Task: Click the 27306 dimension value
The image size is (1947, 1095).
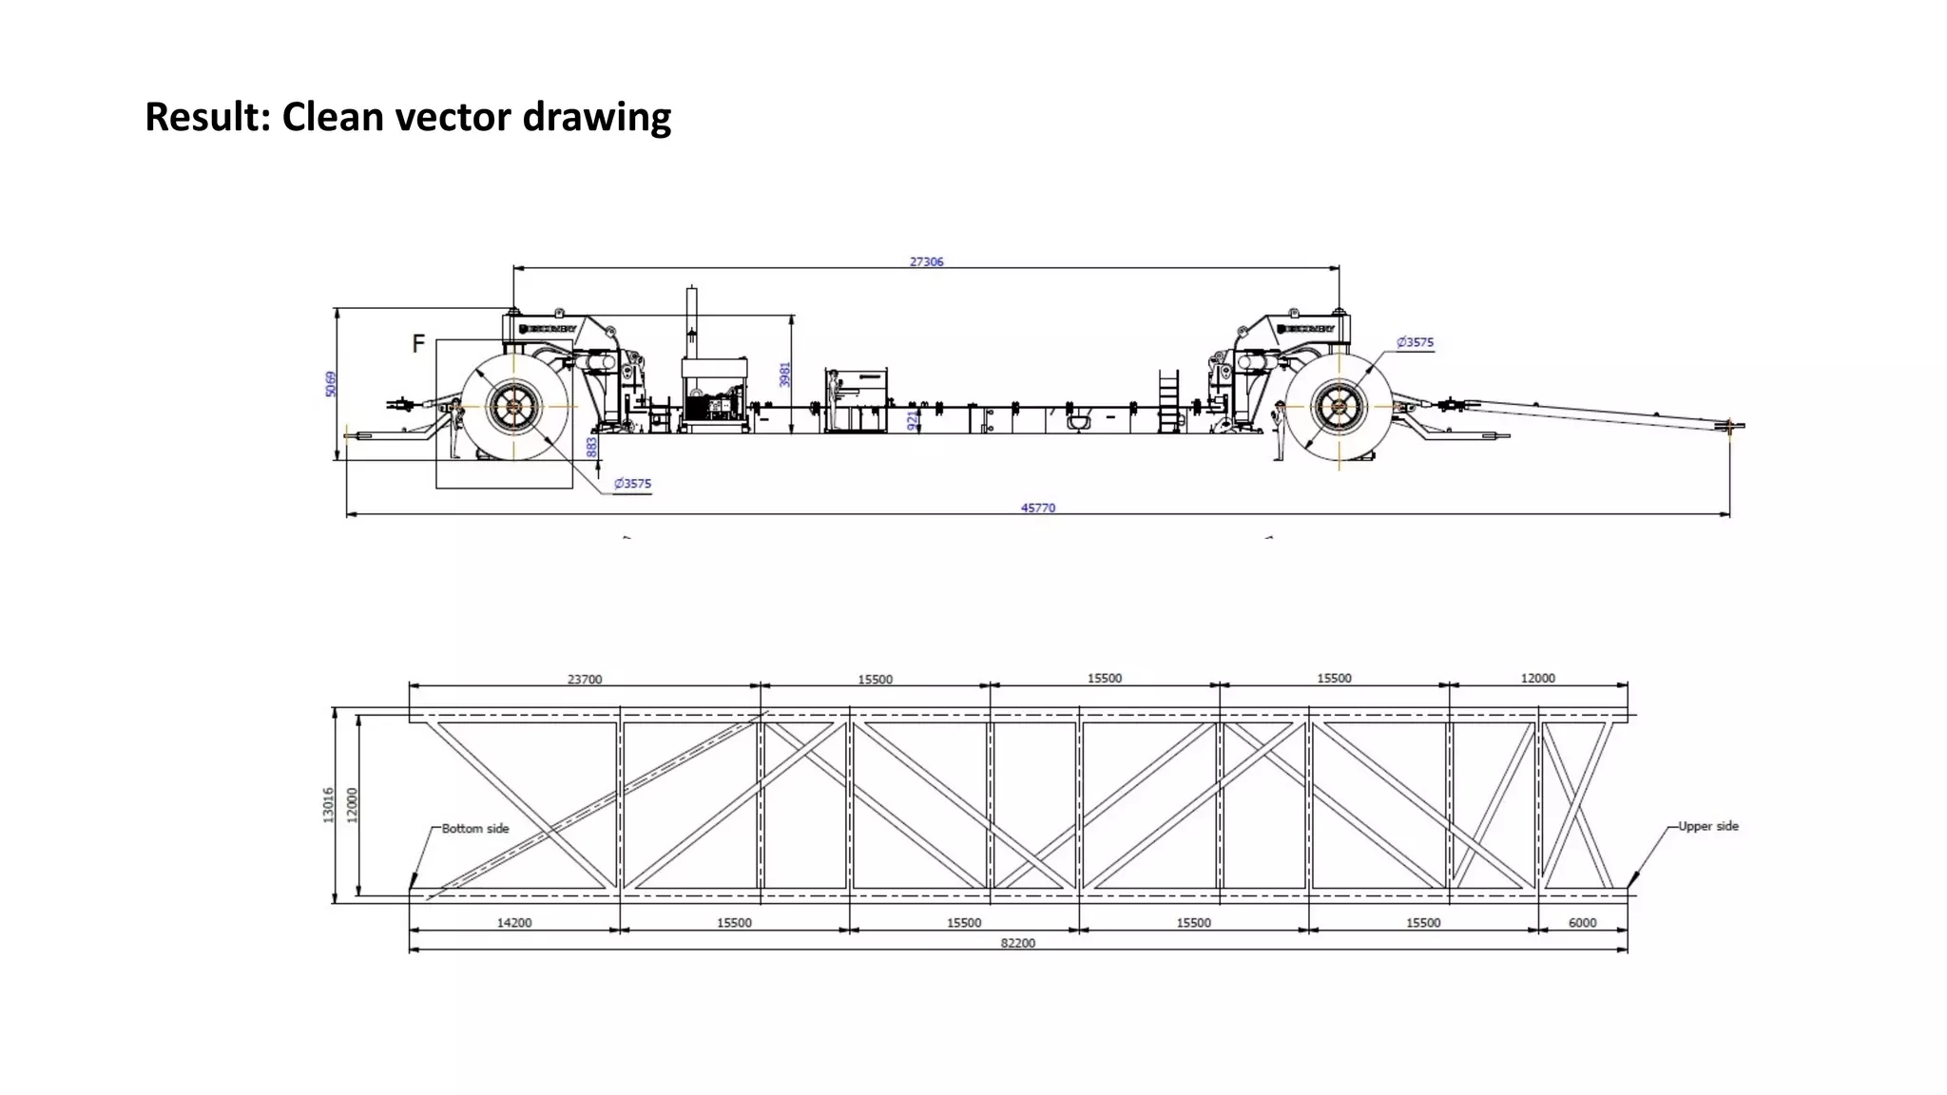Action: [926, 261]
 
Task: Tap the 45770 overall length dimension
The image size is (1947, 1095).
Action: [1037, 508]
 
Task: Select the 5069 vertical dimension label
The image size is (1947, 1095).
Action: [330, 384]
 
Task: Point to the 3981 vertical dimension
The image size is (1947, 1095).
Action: [784, 374]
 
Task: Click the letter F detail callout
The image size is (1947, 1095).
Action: [417, 344]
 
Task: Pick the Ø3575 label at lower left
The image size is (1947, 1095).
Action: [632, 484]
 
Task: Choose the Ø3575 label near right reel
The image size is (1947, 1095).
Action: [1415, 342]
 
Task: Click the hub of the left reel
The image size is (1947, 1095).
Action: [514, 407]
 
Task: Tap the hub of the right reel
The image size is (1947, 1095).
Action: [1339, 407]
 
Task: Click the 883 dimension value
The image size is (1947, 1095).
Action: [591, 445]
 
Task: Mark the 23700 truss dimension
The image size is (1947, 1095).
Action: [585, 680]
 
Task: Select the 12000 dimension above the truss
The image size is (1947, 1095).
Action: [1537, 679]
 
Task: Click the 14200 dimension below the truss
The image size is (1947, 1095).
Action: [514, 923]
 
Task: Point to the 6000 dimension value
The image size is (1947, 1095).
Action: [1582, 923]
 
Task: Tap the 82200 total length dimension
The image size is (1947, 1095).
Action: [1017, 943]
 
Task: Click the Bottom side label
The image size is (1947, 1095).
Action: [475, 829]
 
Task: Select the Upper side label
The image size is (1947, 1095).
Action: [1707, 826]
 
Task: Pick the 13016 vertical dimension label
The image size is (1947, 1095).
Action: [328, 804]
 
